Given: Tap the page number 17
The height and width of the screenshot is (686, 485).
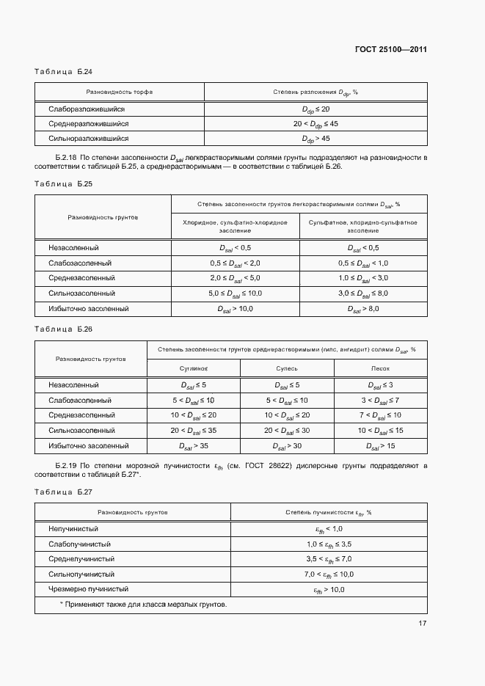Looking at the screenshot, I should [423, 623].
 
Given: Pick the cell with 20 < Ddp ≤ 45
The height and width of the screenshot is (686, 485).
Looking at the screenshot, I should [316, 123].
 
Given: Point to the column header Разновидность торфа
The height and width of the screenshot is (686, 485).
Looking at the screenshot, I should [120, 92].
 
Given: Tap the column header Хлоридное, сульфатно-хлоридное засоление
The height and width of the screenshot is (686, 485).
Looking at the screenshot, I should [235, 226].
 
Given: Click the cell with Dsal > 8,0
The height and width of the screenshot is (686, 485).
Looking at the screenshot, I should [363, 309].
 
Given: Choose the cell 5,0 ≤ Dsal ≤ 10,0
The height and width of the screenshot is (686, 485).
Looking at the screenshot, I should [235, 293].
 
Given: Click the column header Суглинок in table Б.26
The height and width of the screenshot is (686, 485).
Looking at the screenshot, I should [194, 369].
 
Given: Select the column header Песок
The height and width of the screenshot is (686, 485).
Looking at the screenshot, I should [380, 369].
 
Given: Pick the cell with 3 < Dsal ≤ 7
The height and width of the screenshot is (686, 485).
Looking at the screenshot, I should [380, 401].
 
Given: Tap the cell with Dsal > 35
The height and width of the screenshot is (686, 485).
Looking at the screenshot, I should [194, 445].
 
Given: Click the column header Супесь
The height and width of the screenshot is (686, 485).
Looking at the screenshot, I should [287, 369].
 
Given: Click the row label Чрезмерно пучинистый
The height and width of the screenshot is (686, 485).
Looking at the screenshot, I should [88, 589].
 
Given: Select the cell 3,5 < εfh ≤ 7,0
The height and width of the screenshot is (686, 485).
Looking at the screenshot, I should [329, 559].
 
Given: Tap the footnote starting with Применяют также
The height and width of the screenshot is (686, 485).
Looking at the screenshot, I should [143, 605].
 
